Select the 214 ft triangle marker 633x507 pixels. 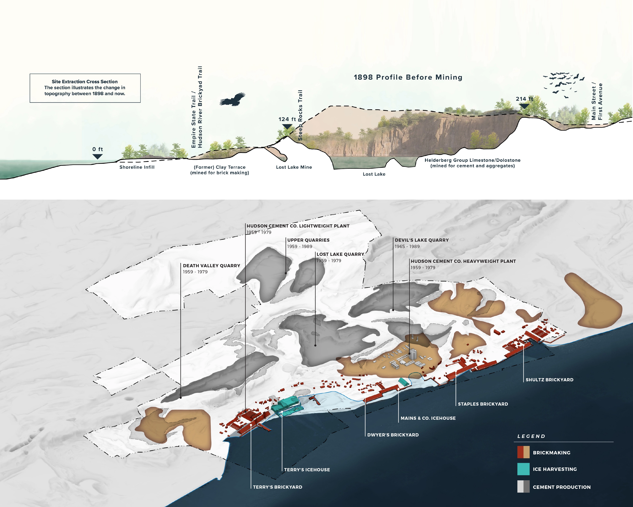[x=524, y=106]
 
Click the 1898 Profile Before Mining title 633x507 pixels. [x=408, y=77]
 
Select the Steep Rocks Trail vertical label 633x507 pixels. [x=300, y=115]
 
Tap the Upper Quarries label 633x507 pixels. [x=308, y=240]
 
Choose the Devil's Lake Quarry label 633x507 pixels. [x=422, y=240]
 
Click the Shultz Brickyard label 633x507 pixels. [x=549, y=380]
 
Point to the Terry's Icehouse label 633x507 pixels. [x=307, y=470]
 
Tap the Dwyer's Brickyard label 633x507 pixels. [x=393, y=435]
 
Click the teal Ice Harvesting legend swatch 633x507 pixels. [x=523, y=469]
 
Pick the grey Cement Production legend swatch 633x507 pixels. [x=523, y=487]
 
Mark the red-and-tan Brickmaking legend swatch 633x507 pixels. [x=523, y=452]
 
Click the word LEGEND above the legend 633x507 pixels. [x=531, y=436]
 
